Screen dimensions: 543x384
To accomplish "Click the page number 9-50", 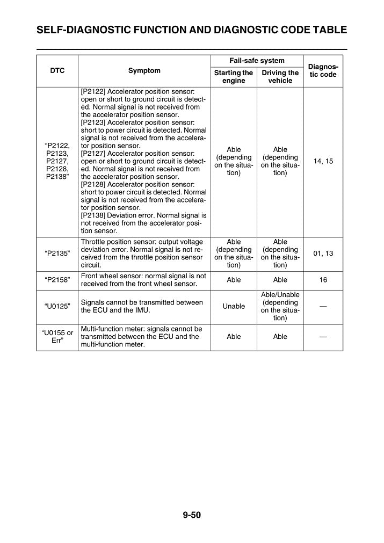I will pyautogui.click(x=192, y=516).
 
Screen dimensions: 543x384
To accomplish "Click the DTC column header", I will pyautogui.click(x=57, y=71).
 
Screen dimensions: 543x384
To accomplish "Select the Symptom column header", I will pyautogui.click(x=144, y=71).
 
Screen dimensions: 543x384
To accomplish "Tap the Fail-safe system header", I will pyautogui.click(x=257, y=61).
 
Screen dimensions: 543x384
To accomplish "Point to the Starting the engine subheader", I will pyautogui.click(x=234, y=76).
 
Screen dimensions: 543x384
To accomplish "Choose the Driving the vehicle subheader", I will pyautogui.click(x=280, y=76).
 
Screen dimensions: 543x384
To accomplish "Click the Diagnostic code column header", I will pyautogui.click(x=323, y=70).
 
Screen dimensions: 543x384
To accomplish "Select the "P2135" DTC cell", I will pyautogui.click(x=57, y=254).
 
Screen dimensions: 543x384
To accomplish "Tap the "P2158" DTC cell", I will pyautogui.click(x=57, y=280).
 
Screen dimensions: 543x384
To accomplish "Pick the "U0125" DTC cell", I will pyautogui.click(x=57, y=307).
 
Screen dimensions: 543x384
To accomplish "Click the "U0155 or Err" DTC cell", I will pyautogui.click(x=57, y=337).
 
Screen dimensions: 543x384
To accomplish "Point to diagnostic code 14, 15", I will pyautogui.click(x=323, y=161).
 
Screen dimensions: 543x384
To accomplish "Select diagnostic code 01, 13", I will pyautogui.click(x=323, y=254).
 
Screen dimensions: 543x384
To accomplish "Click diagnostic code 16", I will pyautogui.click(x=323, y=280).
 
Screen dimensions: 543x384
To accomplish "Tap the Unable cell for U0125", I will pyautogui.click(x=234, y=307).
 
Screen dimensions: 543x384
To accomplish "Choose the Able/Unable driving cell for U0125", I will pyautogui.click(x=280, y=307).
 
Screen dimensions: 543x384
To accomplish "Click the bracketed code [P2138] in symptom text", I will pyautogui.click(x=95, y=215).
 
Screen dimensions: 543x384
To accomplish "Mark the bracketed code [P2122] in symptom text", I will pyautogui.click(x=95, y=91).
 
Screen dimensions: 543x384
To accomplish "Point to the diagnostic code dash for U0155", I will pyautogui.click(x=323, y=337).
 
